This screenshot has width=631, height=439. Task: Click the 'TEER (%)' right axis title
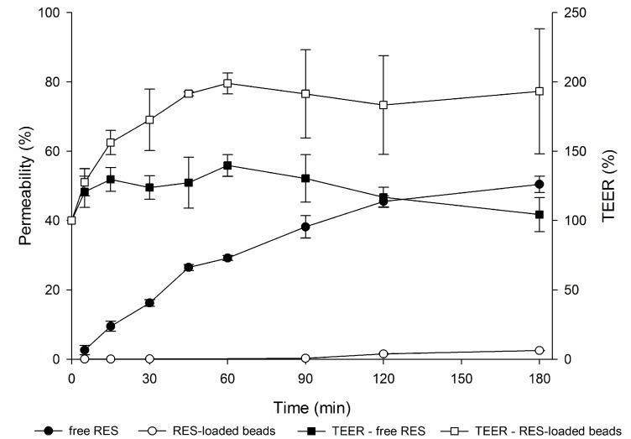coord(608,186)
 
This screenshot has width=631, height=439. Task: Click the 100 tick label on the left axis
coord(50,13)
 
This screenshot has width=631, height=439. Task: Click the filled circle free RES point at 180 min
coord(540,185)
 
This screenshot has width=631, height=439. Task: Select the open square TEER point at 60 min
coord(227,83)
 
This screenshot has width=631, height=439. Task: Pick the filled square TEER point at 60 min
coord(227,165)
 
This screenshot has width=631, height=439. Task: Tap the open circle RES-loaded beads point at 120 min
coord(383,354)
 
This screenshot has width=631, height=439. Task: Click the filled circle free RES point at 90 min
coord(305,227)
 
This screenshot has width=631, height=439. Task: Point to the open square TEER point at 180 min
coord(540,91)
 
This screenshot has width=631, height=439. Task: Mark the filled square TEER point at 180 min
coord(540,215)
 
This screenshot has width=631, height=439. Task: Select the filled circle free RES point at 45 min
coord(189,267)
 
